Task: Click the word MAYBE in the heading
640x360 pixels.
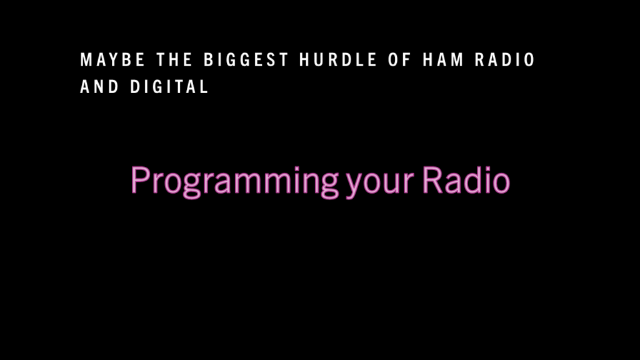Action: tap(112, 59)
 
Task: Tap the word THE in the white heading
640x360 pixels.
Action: tap(174, 59)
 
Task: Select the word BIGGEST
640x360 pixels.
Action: tap(246, 59)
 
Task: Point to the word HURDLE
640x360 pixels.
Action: tap(338, 59)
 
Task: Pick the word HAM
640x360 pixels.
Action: tap(443, 59)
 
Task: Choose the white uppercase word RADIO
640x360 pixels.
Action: tap(505, 59)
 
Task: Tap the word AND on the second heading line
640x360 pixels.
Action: tap(99, 86)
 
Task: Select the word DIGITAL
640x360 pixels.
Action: tap(169, 86)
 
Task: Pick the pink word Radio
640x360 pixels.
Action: tap(466, 179)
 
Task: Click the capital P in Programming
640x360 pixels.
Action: tap(139, 180)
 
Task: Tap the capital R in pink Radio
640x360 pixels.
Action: tap(432, 180)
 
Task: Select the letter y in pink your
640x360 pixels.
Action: tap(354, 185)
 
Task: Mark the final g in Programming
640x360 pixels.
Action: tap(329, 185)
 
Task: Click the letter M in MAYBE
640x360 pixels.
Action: tap(86, 59)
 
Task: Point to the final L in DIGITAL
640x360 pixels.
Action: tap(204, 86)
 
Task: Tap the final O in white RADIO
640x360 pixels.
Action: tap(529, 59)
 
